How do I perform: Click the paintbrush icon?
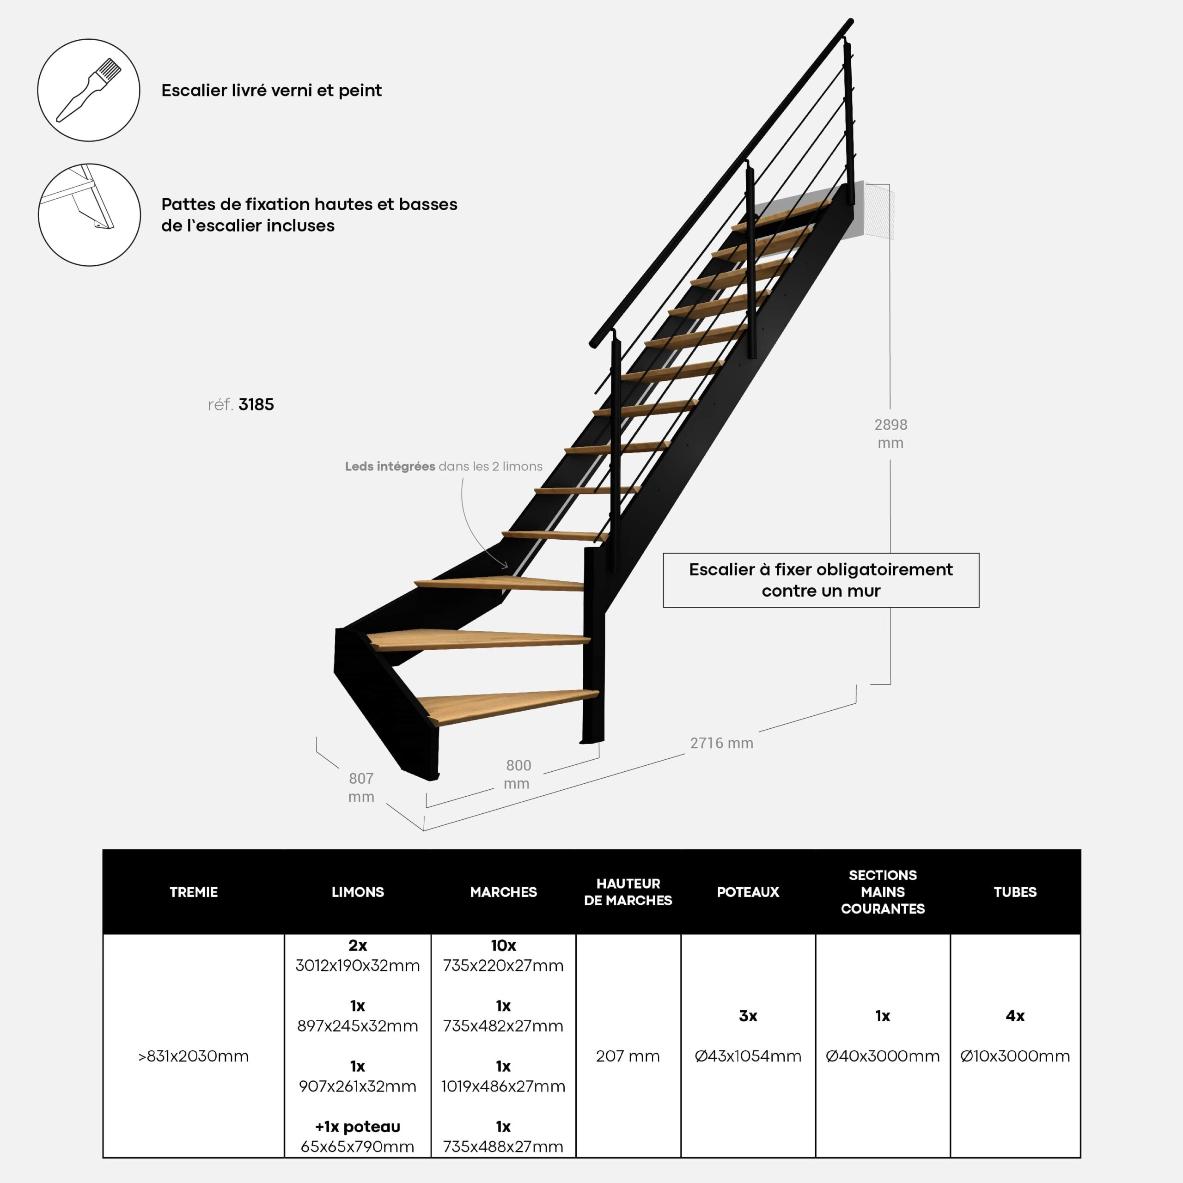pyautogui.click(x=89, y=90)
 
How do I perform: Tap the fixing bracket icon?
pyautogui.click(x=89, y=214)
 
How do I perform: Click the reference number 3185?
pyautogui.click(x=256, y=404)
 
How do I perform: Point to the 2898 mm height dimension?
pyautogui.click(x=890, y=433)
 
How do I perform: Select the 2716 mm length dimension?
pyautogui.click(x=721, y=743)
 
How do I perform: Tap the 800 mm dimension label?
pyautogui.click(x=518, y=774)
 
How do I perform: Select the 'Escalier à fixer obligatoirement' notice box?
pyautogui.click(x=821, y=580)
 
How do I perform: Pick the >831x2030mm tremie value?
pyautogui.click(x=194, y=1055)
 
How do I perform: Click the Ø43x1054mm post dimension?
pyautogui.click(x=748, y=1055)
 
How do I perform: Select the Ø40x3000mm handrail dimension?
pyautogui.click(x=882, y=1055)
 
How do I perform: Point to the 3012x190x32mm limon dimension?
pyautogui.click(x=358, y=966)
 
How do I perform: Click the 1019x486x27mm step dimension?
pyautogui.click(x=503, y=1086)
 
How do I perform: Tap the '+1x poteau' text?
pyautogui.click(x=358, y=1127)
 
